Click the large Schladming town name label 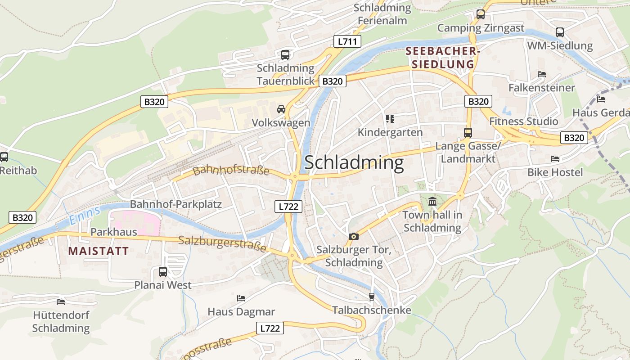coord(354,163)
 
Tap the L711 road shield coord(347,42)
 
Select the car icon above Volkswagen coord(281,109)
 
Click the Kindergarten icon coord(390,119)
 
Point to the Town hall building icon coord(432,201)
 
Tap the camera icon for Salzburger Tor coord(354,236)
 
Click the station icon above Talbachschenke coord(371,297)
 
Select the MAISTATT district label coord(99,251)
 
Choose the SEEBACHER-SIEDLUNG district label coord(440,58)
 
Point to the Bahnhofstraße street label coord(231,171)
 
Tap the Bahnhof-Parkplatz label coord(175,204)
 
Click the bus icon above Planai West coord(163,272)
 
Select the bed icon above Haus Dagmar coord(241,298)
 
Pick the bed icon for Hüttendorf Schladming coord(61,301)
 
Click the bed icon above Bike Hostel coord(555,159)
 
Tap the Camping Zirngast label coord(481,28)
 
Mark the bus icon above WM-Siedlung coord(560,32)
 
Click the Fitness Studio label coord(524,121)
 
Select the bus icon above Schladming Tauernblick coord(285,55)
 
